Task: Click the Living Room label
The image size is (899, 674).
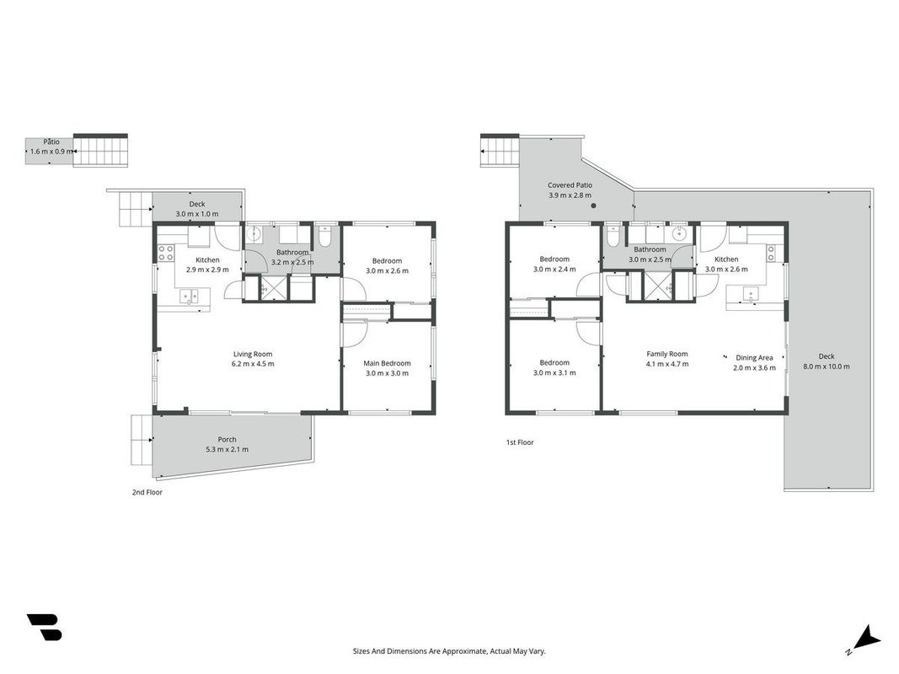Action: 252,354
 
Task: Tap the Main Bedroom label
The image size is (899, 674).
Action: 387,363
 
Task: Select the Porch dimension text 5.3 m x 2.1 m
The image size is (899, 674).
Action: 227,450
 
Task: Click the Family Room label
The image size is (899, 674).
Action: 666,354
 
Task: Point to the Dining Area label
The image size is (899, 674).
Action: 755,357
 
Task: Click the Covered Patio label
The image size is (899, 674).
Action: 570,185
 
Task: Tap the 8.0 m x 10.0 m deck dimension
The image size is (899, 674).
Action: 827,366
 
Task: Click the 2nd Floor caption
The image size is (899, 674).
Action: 147,492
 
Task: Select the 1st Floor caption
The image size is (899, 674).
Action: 520,442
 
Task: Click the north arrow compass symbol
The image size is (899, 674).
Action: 866,639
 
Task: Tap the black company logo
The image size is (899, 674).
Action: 45,627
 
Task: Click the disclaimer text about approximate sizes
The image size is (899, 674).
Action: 449,651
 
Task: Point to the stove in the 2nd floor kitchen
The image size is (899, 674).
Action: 166,253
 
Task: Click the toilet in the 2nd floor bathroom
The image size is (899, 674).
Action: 324,238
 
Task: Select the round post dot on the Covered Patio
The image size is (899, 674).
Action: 593,206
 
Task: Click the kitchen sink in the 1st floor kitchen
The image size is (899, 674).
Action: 751,295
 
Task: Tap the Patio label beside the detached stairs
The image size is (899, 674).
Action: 51,142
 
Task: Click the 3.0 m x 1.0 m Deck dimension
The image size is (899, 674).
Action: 196,214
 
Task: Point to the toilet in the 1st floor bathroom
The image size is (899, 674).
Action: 613,237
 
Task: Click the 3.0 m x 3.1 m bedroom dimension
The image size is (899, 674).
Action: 554,373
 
